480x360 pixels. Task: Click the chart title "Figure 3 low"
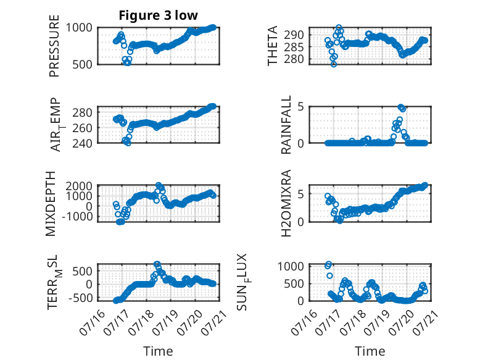[x=159, y=15]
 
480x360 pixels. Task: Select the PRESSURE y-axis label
[x=54, y=46]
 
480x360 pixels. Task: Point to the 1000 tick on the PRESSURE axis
[x=79, y=28]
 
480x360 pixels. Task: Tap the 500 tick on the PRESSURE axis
[x=82, y=64]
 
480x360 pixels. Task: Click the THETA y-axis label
[x=272, y=46]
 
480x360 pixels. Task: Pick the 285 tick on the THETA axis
[x=294, y=48]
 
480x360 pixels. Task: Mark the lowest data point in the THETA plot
[x=334, y=64]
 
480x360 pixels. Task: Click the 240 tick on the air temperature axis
[x=82, y=143]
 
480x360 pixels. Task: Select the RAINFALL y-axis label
[x=286, y=125]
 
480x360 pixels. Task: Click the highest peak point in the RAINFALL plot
[x=400, y=107]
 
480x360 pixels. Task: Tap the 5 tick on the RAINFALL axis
[x=301, y=107]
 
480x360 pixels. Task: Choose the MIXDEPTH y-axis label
[x=51, y=204]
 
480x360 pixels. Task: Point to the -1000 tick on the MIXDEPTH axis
[x=77, y=217]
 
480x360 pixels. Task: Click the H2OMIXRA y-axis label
[x=286, y=203]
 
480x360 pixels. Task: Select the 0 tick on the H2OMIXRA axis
[x=301, y=222]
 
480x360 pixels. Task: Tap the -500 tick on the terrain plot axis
[x=80, y=298]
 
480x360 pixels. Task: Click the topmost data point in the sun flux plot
[x=328, y=264]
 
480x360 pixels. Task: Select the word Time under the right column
[x=370, y=351]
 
